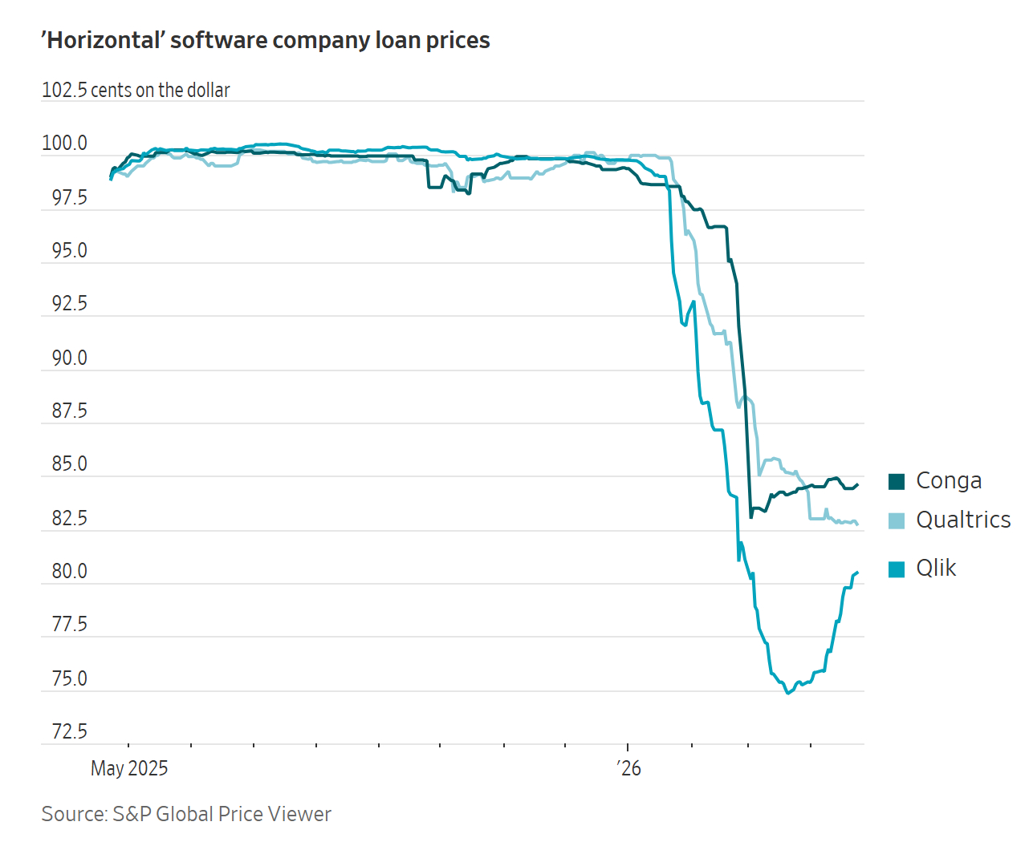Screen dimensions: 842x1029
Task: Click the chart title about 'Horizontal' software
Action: (x=266, y=40)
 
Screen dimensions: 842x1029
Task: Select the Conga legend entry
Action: (x=948, y=480)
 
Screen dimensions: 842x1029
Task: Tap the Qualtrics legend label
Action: (x=963, y=520)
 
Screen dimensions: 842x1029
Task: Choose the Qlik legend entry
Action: (x=936, y=568)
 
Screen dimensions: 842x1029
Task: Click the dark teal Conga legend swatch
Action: (x=897, y=481)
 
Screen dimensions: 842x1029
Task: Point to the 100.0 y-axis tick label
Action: (x=64, y=144)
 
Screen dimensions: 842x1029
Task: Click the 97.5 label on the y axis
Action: (x=69, y=197)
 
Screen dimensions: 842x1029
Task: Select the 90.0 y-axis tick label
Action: (x=69, y=358)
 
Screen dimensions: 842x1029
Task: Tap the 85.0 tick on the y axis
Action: (x=69, y=464)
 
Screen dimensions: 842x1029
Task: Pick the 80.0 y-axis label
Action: (x=69, y=571)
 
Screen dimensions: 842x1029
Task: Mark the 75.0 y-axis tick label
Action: (x=69, y=678)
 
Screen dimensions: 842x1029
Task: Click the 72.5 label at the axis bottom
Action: (x=69, y=731)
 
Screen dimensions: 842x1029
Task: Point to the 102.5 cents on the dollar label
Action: (x=136, y=90)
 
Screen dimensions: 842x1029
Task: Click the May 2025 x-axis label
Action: (x=129, y=768)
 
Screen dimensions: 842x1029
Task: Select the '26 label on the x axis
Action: (x=629, y=768)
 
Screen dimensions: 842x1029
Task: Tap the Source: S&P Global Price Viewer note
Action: (x=186, y=814)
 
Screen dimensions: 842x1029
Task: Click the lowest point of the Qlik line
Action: (x=787, y=693)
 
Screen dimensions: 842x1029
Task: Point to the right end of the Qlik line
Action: (x=858, y=573)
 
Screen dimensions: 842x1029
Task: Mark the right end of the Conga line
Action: (x=858, y=484)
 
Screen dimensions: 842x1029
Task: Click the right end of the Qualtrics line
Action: (x=858, y=524)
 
